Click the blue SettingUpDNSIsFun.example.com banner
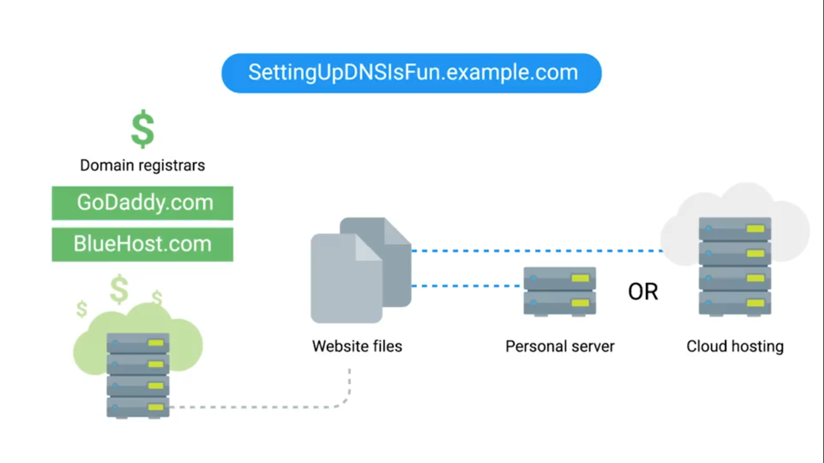[412, 73]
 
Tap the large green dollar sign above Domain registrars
[143, 128]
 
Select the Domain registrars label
[142, 165]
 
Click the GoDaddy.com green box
[142, 203]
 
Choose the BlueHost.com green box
[142, 244]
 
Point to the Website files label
[357, 346]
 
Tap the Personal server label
[560, 347]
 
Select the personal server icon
[560, 291]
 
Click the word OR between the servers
[643, 292]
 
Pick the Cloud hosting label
[735, 347]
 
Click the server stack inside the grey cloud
[735, 265]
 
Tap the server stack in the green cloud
[138, 374]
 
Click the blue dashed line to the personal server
[467, 286]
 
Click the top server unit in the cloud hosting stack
[735, 229]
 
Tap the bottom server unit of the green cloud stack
[138, 407]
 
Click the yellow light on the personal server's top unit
[580, 279]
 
